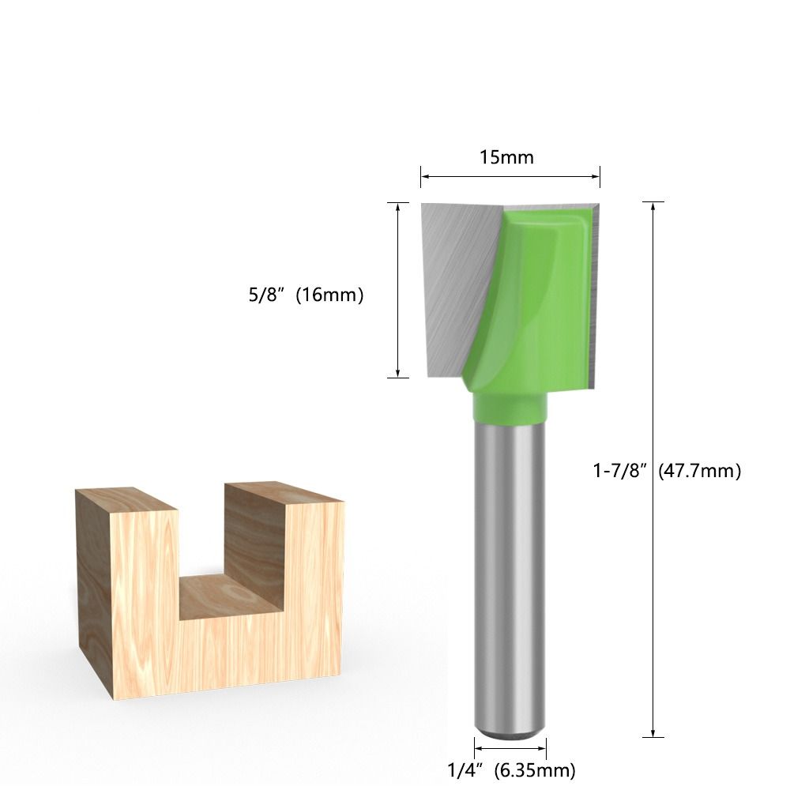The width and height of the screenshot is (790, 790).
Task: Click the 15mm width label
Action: (507, 157)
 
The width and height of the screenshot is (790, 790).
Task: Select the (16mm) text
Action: (329, 296)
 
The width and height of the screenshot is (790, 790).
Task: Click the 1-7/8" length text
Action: (620, 471)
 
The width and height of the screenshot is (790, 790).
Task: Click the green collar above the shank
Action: (510, 406)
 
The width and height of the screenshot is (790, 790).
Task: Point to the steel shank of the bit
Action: (510, 569)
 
